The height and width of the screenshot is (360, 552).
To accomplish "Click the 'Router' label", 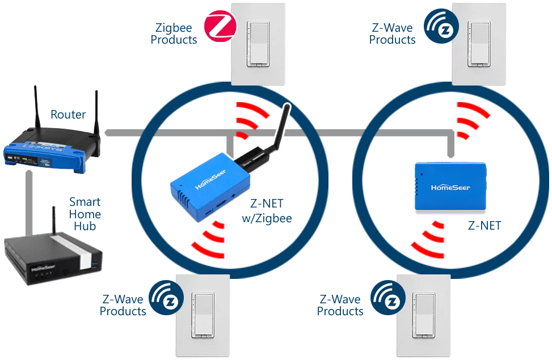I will [68, 115].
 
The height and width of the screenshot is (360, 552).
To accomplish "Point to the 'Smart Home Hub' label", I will [85, 214].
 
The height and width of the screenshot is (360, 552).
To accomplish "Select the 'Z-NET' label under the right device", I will [484, 225].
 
